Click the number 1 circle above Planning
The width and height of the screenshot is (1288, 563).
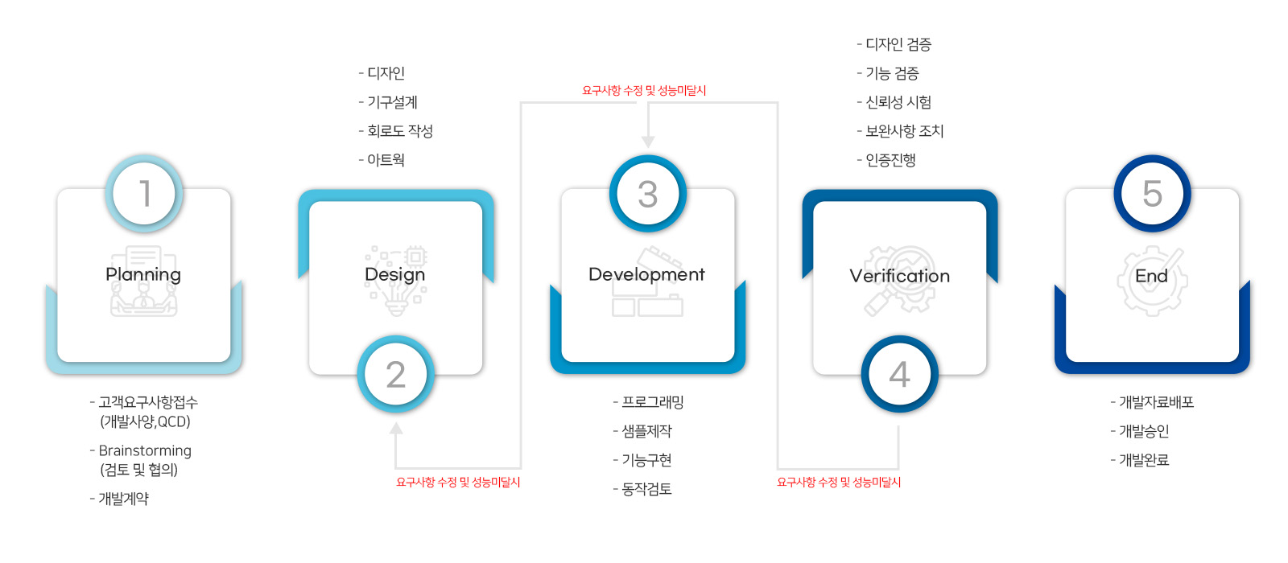click(x=144, y=193)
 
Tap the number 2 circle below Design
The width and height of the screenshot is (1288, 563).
click(x=395, y=374)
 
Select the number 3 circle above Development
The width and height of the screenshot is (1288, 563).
click(x=648, y=193)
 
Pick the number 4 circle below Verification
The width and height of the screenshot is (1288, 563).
click(x=900, y=374)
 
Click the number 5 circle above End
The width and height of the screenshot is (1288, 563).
click(x=1152, y=193)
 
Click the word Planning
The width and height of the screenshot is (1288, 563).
click(x=143, y=274)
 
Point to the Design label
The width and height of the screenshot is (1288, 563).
click(x=395, y=274)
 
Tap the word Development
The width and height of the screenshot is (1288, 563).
click(x=646, y=274)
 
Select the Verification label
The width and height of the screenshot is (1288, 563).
click(x=899, y=276)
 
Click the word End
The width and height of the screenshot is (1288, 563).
click(x=1151, y=276)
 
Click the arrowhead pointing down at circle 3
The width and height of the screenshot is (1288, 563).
click(x=648, y=142)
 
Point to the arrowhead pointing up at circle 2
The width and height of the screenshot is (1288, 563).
click(x=395, y=429)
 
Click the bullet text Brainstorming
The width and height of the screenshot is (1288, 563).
click(x=145, y=450)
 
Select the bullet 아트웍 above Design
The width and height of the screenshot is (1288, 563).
click(x=386, y=160)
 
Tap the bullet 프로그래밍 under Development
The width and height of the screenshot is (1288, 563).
click(x=653, y=402)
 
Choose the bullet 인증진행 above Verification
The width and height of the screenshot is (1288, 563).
click(x=890, y=160)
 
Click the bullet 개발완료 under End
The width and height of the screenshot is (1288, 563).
click(x=1144, y=460)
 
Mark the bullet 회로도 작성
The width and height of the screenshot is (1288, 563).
click(x=399, y=131)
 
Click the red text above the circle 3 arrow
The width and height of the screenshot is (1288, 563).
click(x=644, y=90)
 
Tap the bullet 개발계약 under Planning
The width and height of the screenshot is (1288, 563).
click(x=123, y=499)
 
